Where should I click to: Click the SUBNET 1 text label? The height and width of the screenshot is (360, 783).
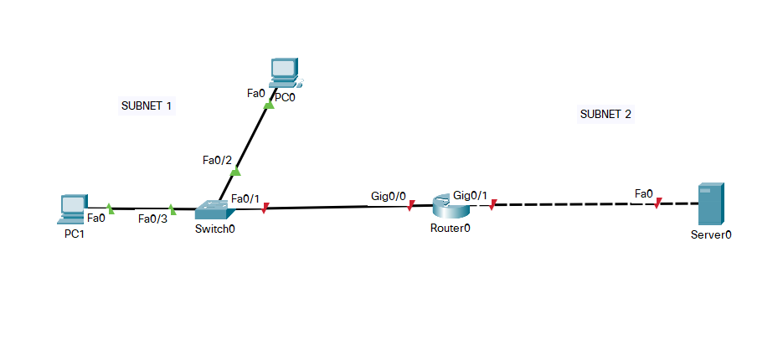[x=147, y=106]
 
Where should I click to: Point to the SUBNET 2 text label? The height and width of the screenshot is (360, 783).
[x=605, y=114]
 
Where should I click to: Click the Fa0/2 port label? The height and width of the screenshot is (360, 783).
[x=218, y=159]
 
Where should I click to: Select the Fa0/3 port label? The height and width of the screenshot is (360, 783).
[x=153, y=219]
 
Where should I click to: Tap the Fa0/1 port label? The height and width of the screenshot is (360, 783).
[x=245, y=198]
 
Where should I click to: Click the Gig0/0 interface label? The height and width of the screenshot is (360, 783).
[x=389, y=196]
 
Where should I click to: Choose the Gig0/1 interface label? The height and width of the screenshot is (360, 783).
[x=469, y=195]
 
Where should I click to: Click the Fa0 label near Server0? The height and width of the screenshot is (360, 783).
[x=644, y=194]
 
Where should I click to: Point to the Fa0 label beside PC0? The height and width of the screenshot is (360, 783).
[x=256, y=93]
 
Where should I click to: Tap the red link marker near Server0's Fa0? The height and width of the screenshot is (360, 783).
[x=658, y=203]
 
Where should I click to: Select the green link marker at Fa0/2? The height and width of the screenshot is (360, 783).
[x=235, y=172]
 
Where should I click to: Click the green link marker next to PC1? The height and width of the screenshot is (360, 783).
[x=111, y=208]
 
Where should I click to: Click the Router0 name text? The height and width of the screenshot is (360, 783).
[x=451, y=229]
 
